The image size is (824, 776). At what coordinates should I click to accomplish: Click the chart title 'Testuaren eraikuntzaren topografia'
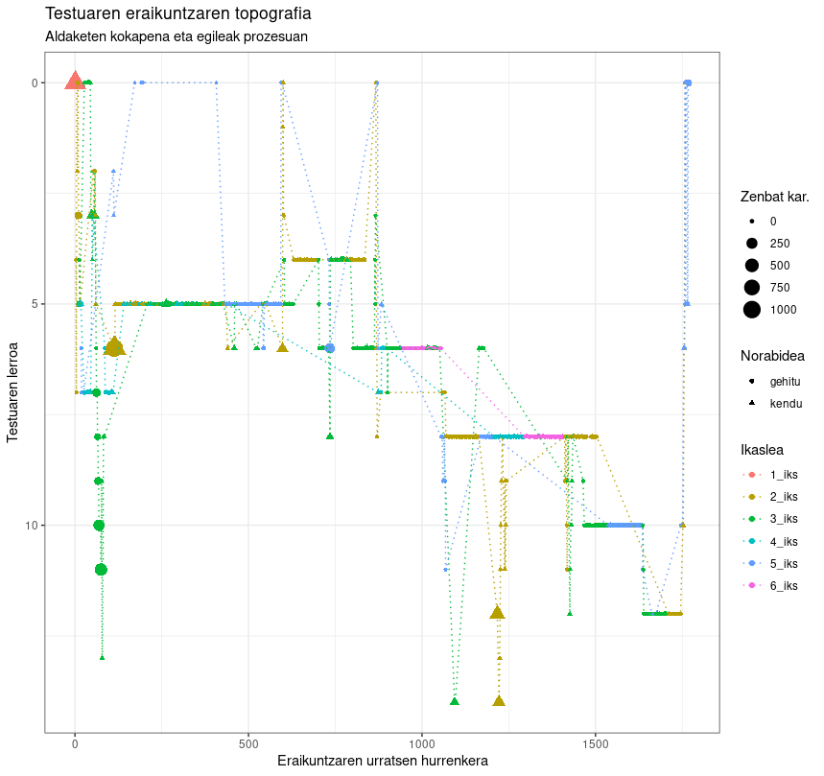pyautogui.click(x=177, y=14)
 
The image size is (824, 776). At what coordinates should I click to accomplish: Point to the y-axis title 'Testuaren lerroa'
pyautogui.click(x=13, y=391)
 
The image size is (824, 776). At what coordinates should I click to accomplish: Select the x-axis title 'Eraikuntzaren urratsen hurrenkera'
pyautogui.click(x=383, y=761)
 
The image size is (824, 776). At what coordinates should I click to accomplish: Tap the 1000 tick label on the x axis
pyautogui.click(x=422, y=742)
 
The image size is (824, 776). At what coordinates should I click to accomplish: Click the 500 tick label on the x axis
pyautogui.click(x=248, y=742)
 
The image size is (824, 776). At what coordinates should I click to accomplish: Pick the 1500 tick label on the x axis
pyautogui.click(x=596, y=742)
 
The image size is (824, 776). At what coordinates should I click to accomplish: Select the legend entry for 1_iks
pyautogui.click(x=783, y=475)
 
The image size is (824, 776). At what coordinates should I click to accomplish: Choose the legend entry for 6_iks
pyautogui.click(x=783, y=585)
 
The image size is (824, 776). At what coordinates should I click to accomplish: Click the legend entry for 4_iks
pyautogui.click(x=783, y=541)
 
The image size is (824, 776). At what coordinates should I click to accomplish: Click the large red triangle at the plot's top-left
pyautogui.click(x=75, y=82)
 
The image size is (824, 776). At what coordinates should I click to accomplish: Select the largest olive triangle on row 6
pyautogui.click(x=114, y=346)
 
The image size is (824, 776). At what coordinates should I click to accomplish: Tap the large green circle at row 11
pyautogui.click(x=101, y=570)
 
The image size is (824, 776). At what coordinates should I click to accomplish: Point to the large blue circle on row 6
pyautogui.click(x=330, y=348)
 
